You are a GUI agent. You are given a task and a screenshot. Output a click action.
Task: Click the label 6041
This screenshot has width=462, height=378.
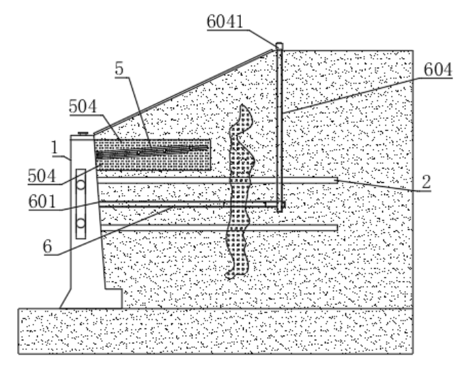point(225,22)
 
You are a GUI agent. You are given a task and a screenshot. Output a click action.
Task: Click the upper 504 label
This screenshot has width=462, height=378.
point(83,106)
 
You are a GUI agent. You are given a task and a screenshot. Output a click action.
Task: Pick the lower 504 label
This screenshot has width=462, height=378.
point(43,175)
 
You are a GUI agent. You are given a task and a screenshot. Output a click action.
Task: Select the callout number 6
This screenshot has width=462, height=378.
point(47,247)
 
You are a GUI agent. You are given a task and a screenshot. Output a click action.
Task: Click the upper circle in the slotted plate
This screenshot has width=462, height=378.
point(81,184)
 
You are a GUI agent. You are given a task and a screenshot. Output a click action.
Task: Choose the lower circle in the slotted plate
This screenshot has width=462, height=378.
point(81,223)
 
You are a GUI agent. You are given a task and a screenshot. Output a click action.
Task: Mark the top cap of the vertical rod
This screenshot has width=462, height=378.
point(279,46)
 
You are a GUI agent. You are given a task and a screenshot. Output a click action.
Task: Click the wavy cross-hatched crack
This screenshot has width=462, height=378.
point(238,191)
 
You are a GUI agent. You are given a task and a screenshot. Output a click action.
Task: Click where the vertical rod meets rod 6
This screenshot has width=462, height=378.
point(279,204)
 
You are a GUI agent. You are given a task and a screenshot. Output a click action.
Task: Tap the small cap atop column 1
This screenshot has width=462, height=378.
point(81,134)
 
